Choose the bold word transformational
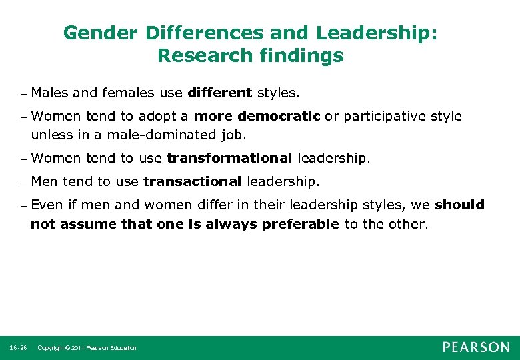(x=229, y=158)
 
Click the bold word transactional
(x=193, y=181)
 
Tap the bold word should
(x=460, y=205)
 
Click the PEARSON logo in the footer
(x=475, y=347)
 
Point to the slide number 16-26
(x=18, y=348)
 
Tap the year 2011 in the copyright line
(x=77, y=348)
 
